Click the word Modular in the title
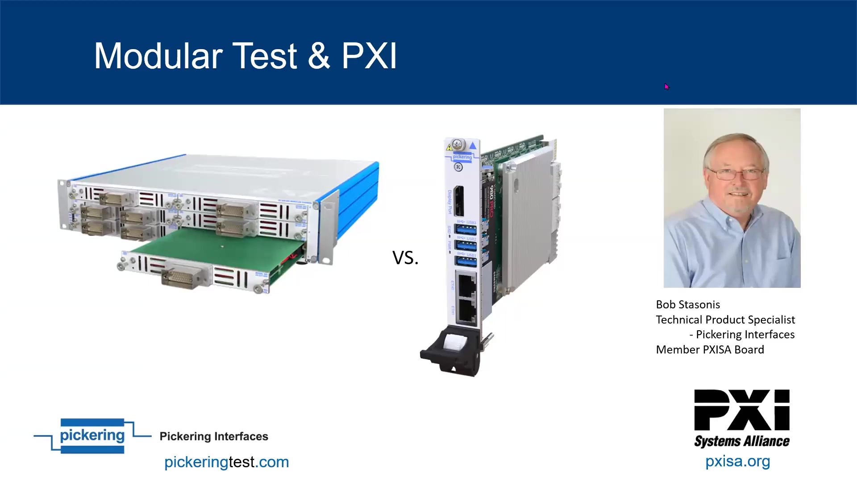tap(158, 56)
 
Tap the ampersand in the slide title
tap(319, 56)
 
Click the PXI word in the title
tap(369, 56)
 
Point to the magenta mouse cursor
tap(666, 87)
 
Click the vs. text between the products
tap(405, 258)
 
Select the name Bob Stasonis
tap(688, 305)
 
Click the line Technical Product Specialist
tap(725, 320)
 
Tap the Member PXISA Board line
tap(710, 350)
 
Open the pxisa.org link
tap(737, 461)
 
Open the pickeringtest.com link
tap(226, 462)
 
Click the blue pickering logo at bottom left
tap(92, 436)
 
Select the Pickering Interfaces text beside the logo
tap(214, 436)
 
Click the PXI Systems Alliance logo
tap(741, 418)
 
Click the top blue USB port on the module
tap(465, 230)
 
